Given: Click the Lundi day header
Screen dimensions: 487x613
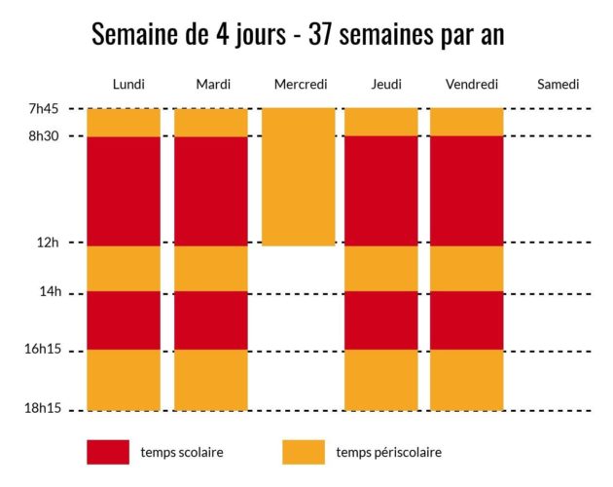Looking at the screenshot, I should (x=128, y=85).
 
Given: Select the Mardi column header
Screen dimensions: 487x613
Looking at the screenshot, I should (x=212, y=85).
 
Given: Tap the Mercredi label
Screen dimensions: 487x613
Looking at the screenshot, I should (x=300, y=85).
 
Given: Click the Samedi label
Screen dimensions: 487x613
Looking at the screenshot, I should (x=558, y=85).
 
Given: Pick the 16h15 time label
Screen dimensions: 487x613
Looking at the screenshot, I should (x=43, y=350).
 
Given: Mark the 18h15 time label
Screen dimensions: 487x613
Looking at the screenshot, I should (x=43, y=409).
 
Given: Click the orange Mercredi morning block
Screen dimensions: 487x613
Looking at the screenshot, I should (x=299, y=176).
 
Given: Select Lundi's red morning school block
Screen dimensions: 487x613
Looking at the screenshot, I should (x=124, y=190).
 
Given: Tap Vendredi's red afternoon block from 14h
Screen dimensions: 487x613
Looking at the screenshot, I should (x=467, y=320).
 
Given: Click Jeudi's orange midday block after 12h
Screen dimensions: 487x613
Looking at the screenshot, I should (x=381, y=268).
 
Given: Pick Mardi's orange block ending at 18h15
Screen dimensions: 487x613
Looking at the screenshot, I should (x=211, y=380).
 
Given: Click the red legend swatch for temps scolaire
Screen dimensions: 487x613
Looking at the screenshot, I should (x=108, y=452).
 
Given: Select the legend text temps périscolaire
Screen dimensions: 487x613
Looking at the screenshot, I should (x=388, y=452).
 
